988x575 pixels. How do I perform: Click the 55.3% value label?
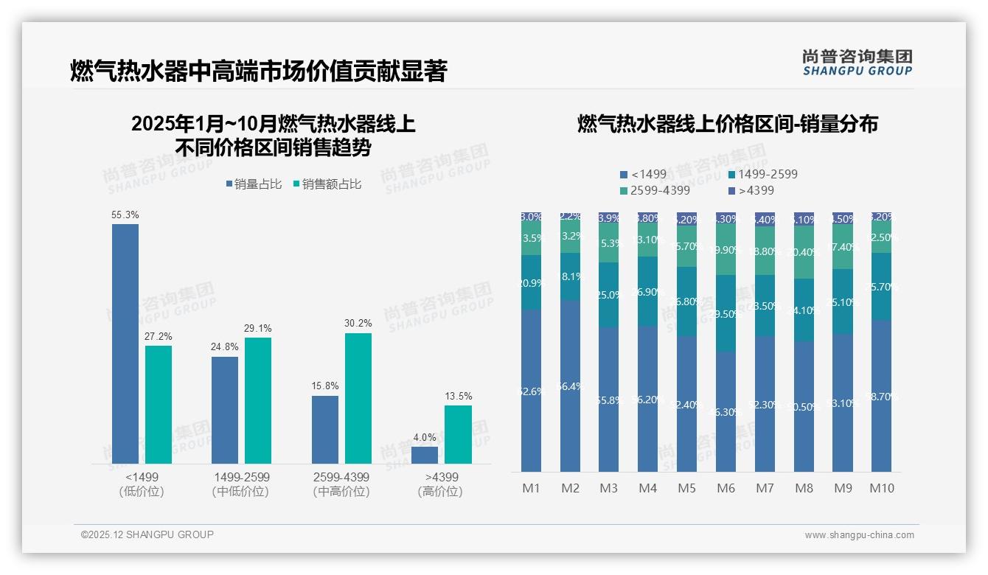(125, 215)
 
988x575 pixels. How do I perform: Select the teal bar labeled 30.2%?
(358, 398)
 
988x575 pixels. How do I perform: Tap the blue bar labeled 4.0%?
(425, 455)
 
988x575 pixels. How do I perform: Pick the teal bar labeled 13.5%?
(458, 434)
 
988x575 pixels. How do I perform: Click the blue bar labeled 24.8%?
(225, 410)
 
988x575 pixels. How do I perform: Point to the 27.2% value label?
(159, 336)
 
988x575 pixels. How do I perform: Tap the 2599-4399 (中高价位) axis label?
(341, 484)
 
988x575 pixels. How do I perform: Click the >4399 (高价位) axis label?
(440, 484)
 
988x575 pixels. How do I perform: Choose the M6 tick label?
(726, 488)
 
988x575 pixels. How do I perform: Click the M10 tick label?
(882, 488)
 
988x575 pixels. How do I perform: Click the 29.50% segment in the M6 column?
(726, 313)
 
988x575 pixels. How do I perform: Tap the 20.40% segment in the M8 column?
(804, 252)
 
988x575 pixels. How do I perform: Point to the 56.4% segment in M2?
(570, 386)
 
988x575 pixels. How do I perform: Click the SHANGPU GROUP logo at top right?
(857, 63)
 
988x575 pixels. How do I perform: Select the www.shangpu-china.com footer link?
(859, 535)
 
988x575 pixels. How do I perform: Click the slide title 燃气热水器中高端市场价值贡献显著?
(258, 72)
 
